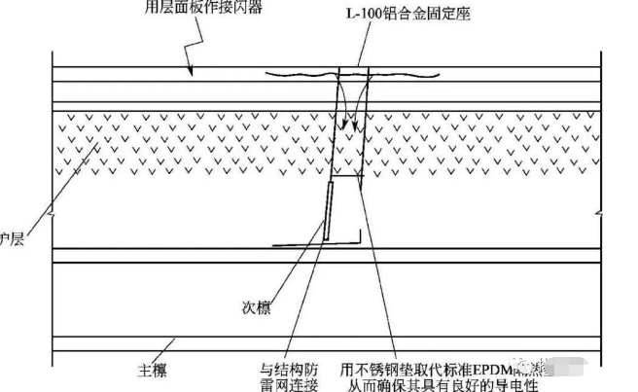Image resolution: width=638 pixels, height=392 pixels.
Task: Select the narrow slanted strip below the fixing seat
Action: [327, 208]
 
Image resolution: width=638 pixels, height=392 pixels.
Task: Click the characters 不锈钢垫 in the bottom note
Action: [388, 370]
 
